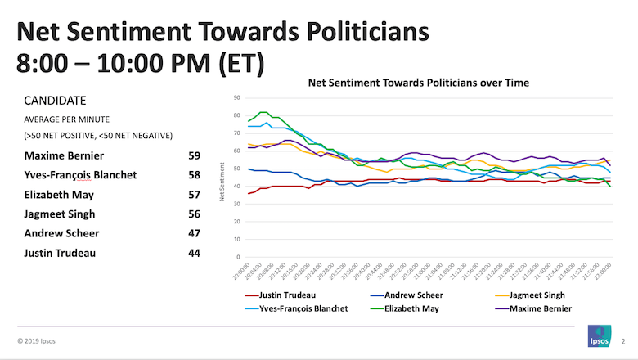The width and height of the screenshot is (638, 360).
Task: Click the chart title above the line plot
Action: point(418,83)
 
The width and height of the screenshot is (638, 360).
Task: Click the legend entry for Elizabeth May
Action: point(413,308)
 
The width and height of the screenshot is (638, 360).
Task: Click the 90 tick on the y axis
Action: point(236,97)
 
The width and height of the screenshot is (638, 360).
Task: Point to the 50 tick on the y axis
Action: point(236,169)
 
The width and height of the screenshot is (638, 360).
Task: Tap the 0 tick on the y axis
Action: point(237,257)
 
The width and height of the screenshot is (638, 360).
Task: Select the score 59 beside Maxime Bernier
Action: point(195,155)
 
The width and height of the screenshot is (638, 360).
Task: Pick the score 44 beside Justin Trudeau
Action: point(195,253)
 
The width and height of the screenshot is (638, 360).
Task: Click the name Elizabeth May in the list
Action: point(61,194)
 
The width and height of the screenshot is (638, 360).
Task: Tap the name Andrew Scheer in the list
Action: point(62,233)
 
